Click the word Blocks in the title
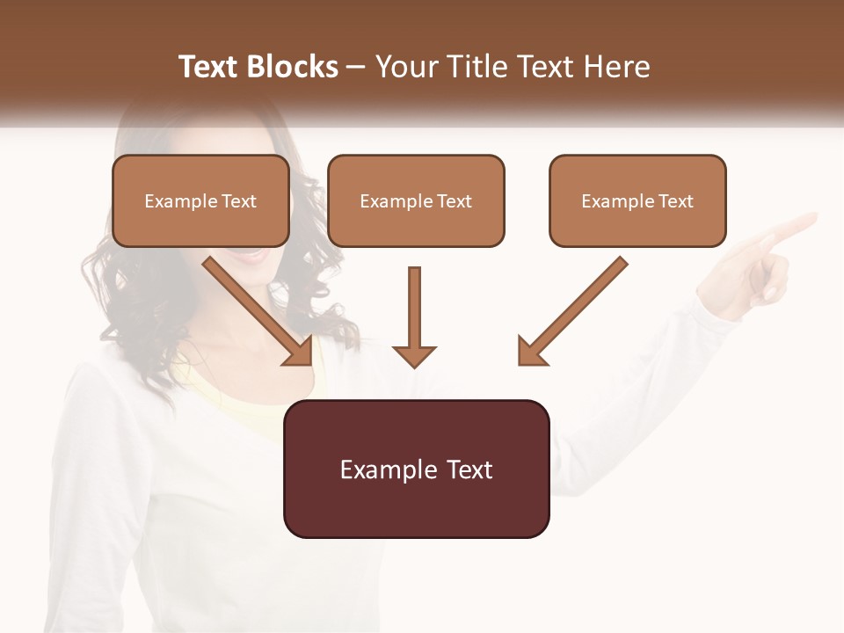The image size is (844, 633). tap(292, 67)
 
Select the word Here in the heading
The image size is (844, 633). tap(616, 67)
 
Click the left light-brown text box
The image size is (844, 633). tap(200, 201)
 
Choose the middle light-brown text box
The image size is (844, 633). tap(416, 201)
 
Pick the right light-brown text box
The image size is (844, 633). tap(637, 201)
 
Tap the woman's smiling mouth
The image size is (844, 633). tap(253, 255)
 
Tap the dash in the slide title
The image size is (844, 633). tap(356, 67)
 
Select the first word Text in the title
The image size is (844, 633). tap(209, 67)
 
